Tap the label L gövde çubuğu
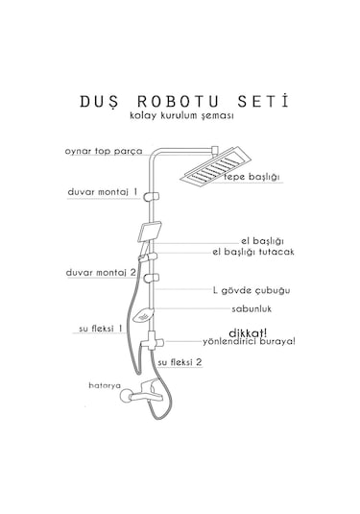click(x=252, y=289)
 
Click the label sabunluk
click(x=251, y=309)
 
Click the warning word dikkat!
click(x=248, y=329)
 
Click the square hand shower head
click(x=150, y=232)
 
